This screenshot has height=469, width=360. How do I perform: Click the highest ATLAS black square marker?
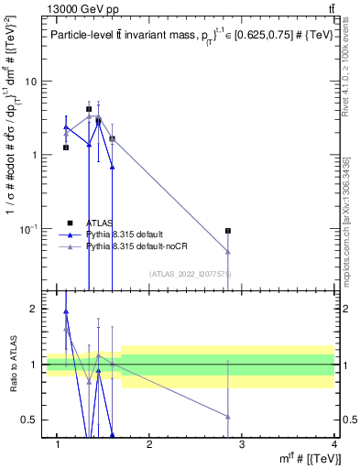[89, 109]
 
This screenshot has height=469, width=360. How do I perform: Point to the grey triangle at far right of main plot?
[228, 251]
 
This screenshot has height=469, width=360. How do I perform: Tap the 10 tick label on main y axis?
[30, 82]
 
